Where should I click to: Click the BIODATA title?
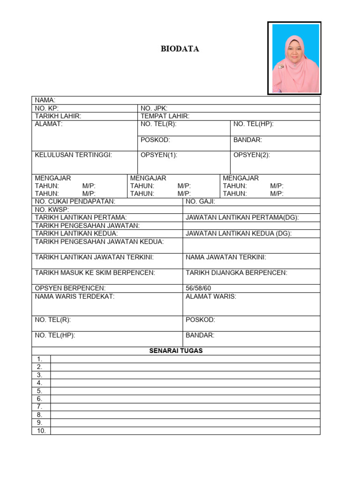point(180,49)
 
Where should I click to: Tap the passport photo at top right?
point(294,58)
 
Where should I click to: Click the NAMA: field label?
point(45,100)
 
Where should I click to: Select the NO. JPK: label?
point(154,108)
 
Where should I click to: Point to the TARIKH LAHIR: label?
point(58,116)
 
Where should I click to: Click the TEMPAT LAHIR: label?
point(165,116)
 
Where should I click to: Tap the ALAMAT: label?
point(49,124)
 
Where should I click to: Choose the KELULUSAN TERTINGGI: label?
point(74,155)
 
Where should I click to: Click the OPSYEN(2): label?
point(252,155)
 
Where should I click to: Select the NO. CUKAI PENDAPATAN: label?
point(75,202)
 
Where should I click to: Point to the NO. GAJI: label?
point(200,202)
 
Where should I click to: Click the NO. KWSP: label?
point(52,210)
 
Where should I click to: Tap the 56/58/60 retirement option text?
point(199,288)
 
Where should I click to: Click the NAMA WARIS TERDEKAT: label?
point(75,296)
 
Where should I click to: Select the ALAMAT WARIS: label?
point(211,296)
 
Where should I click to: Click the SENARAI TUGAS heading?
point(176,351)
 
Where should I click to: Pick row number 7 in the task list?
point(40,407)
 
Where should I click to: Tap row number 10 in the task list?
point(41,431)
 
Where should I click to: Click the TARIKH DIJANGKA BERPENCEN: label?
point(237,273)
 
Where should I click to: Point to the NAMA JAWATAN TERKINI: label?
point(226,257)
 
